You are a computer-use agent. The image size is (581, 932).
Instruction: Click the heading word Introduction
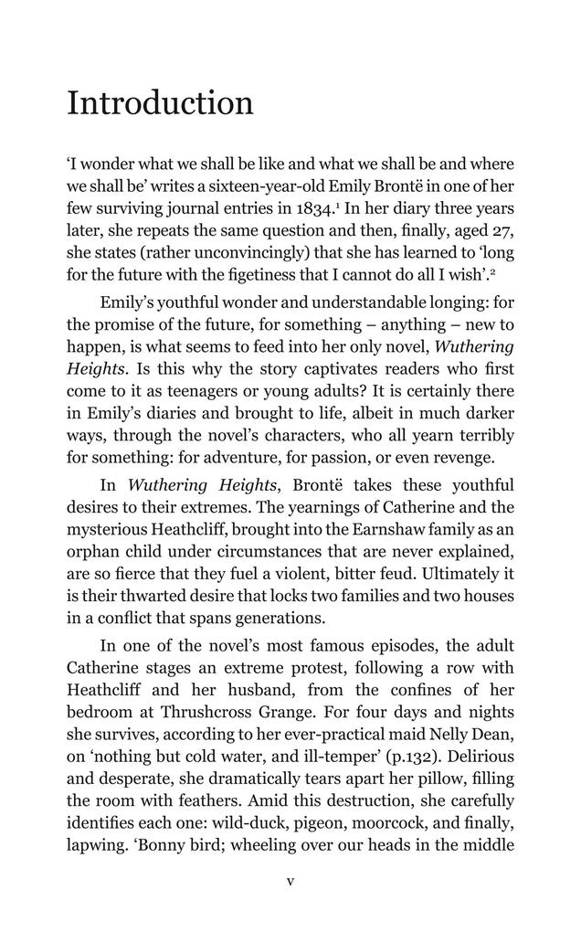pos(160,103)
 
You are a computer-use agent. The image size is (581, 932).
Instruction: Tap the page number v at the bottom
pos(290,882)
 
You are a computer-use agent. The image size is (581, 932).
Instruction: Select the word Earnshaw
pos(386,530)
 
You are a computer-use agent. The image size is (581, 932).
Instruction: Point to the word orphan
pos(92,552)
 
